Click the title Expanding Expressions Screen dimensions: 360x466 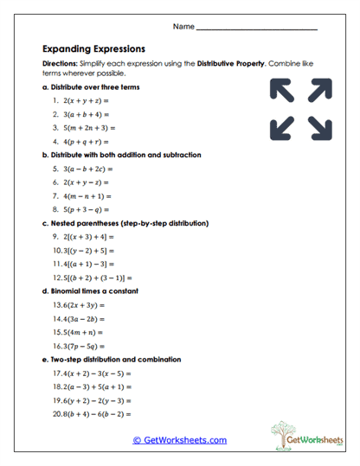[x=93, y=49]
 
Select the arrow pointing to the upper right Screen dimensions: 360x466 [x=320, y=90]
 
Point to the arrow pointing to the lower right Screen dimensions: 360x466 [x=320, y=127]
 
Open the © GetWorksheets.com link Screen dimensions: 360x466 [x=179, y=440]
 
